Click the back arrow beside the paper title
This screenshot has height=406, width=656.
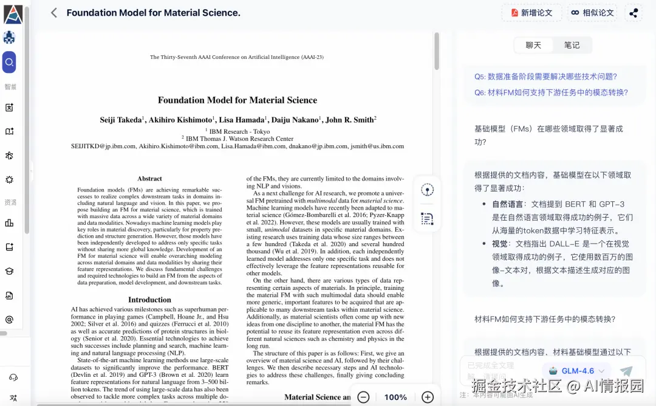point(54,13)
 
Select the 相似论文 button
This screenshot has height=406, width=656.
point(592,13)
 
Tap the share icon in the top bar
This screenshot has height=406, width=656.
point(634,13)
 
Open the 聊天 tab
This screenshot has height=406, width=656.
point(533,45)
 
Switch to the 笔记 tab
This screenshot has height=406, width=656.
point(572,45)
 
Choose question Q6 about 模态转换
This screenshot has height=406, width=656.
point(551,92)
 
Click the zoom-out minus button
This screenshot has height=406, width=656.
point(363,397)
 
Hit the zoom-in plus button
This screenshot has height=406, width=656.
point(428,397)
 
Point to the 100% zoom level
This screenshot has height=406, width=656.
point(395,397)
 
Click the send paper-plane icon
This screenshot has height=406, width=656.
point(626,371)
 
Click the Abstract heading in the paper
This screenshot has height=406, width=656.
point(149,179)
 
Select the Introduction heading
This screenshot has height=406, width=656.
point(149,300)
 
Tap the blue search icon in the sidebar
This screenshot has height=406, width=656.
point(9,62)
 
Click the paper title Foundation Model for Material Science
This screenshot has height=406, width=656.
point(237,100)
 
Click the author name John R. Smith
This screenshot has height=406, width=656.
point(350,120)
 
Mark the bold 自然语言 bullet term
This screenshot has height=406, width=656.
point(508,204)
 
